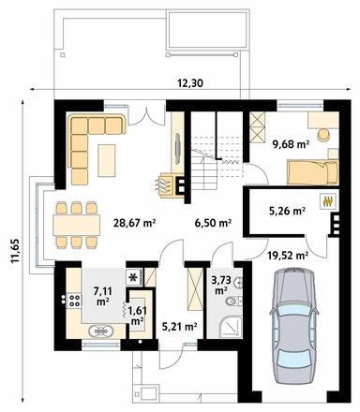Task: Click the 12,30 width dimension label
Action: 190,83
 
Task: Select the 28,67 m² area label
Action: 134,223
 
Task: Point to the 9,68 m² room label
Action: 291,144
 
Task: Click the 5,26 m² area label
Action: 287,211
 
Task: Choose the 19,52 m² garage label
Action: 288,256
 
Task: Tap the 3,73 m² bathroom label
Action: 221,286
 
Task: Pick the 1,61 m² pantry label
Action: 138,316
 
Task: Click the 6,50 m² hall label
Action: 213,223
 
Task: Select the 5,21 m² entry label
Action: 180,327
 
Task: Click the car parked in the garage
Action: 294,325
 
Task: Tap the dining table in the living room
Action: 77,225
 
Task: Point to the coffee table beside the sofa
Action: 107,160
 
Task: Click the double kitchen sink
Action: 100,331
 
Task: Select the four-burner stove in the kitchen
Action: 73,300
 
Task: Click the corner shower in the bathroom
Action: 232,327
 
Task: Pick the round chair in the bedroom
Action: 324,135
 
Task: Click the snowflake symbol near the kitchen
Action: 134,277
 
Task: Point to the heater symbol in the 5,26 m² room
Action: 327,201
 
